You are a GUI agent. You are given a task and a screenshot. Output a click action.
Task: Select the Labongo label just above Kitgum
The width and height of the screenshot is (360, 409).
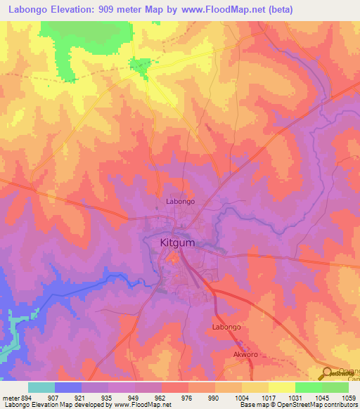pyautogui.click(x=180, y=202)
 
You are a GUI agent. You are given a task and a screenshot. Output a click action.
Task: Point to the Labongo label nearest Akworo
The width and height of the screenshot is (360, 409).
pyautogui.click(x=226, y=327)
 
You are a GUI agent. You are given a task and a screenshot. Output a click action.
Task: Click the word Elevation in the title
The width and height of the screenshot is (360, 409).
pyautogui.click(x=79, y=10)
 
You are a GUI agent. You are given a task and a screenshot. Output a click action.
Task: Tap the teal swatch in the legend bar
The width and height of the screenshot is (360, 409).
pyautogui.click(x=41, y=387)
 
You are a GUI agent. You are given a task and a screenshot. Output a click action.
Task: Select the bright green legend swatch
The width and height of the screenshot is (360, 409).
pyautogui.click(x=308, y=387)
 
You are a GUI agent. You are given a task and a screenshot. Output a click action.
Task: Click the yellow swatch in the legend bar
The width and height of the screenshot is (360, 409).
pyautogui.click(x=281, y=387)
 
